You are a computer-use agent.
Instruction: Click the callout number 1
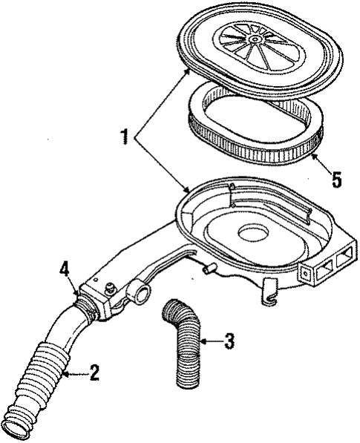point(125,137)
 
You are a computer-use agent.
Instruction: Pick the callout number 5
point(337,180)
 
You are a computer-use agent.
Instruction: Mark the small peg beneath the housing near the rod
point(209,266)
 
